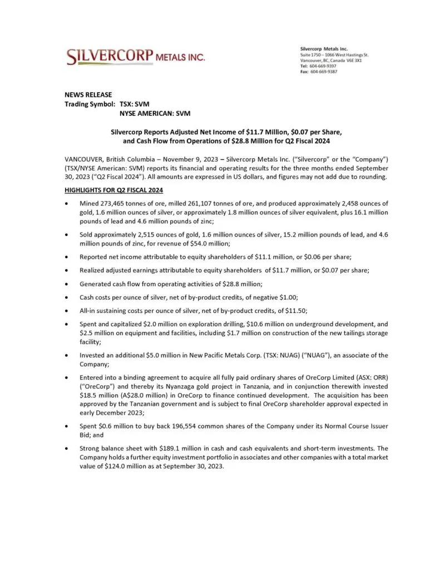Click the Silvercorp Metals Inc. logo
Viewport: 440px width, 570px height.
(135, 56)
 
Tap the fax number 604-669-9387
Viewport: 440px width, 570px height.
(323, 72)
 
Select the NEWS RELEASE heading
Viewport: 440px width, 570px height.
(88, 95)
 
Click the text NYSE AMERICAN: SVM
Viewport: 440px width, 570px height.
(155, 114)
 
